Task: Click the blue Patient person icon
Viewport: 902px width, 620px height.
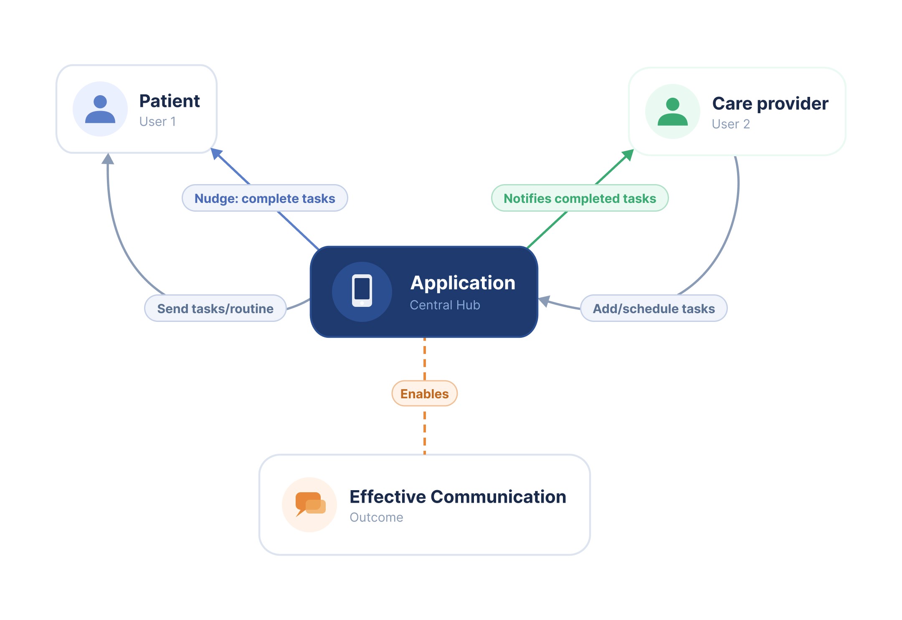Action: (x=100, y=109)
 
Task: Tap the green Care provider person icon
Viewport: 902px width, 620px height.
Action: (x=672, y=111)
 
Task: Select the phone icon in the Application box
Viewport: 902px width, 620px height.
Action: (x=362, y=291)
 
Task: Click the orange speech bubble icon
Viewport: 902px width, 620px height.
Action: (x=310, y=504)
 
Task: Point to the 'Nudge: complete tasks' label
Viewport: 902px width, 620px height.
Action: (x=265, y=198)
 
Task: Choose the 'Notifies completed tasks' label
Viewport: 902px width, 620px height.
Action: (x=580, y=198)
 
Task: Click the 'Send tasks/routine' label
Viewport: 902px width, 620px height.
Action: (x=215, y=309)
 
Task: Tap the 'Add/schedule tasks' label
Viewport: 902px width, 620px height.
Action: (x=654, y=309)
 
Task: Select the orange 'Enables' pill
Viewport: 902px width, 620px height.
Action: (x=424, y=394)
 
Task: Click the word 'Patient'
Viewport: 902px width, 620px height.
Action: (x=170, y=101)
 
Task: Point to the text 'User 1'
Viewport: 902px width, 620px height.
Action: (x=157, y=121)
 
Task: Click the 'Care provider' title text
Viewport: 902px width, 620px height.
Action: (x=770, y=104)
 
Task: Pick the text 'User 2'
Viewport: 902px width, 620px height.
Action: (x=731, y=124)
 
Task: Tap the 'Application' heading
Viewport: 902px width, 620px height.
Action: (x=463, y=283)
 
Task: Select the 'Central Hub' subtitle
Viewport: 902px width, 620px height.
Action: (x=445, y=305)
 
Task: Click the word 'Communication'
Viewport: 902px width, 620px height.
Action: (x=498, y=497)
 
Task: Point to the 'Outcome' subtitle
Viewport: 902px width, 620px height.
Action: (x=376, y=517)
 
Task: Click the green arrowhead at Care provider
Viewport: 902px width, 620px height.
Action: (x=628, y=155)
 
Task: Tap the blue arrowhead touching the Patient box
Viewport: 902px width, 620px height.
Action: (x=216, y=153)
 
